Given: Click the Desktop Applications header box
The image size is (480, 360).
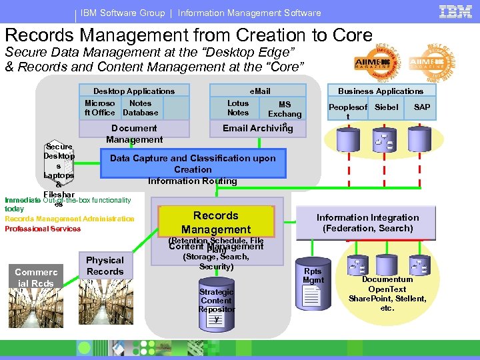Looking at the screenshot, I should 134,91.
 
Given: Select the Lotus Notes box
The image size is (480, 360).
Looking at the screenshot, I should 238,108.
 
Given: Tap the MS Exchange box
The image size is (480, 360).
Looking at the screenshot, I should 285,109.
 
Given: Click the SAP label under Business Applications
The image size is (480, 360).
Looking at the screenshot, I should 422,107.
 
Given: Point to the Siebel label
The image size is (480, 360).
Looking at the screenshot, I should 387,107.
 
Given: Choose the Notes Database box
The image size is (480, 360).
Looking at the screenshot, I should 140,108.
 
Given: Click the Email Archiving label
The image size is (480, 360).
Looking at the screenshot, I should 258,128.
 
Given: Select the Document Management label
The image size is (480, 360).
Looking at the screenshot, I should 134,134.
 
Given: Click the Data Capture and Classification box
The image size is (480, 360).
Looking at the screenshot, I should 193,169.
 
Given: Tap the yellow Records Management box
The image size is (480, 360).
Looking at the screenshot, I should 216,222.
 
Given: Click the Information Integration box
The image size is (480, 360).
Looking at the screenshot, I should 367,223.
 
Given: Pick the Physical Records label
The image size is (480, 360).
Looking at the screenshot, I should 105,265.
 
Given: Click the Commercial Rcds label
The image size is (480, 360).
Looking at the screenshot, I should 36,277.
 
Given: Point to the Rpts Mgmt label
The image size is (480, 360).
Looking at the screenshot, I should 313,275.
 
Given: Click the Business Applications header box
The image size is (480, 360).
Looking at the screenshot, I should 380,91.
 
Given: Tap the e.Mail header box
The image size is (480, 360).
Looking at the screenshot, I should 260,91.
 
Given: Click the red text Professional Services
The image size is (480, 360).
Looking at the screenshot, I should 43,229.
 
